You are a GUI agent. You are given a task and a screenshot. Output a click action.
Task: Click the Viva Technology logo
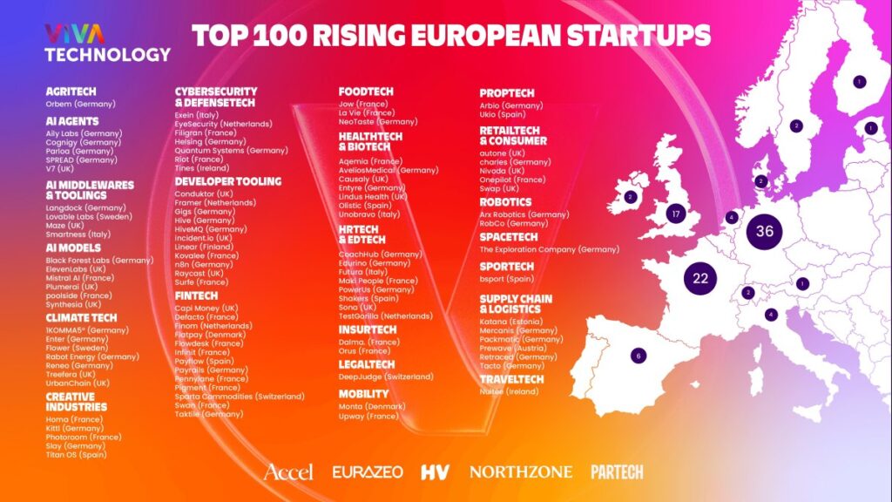click(x=108, y=43)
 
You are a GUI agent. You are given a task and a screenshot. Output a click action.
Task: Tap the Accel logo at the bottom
click(x=288, y=471)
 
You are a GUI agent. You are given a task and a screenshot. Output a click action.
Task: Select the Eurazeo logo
click(x=368, y=471)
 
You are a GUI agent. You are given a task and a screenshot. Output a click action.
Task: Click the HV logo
click(x=435, y=471)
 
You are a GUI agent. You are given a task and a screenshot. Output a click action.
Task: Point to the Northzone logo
click(x=521, y=471)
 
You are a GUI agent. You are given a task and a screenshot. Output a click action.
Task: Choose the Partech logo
click(x=617, y=471)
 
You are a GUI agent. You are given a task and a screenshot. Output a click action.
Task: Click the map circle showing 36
click(x=765, y=231)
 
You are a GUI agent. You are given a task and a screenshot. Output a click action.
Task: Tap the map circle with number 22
click(x=700, y=279)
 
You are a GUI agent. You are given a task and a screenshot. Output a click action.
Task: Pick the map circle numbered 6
click(x=639, y=356)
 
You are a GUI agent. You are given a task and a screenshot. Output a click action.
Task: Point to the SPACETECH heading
click(x=507, y=236)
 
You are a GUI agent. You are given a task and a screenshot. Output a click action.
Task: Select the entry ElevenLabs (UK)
click(x=76, y=268)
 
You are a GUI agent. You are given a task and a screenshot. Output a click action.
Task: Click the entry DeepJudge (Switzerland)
click(x=386, y=376)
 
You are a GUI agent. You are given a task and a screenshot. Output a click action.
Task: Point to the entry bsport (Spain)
click(x=506, y=279)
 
